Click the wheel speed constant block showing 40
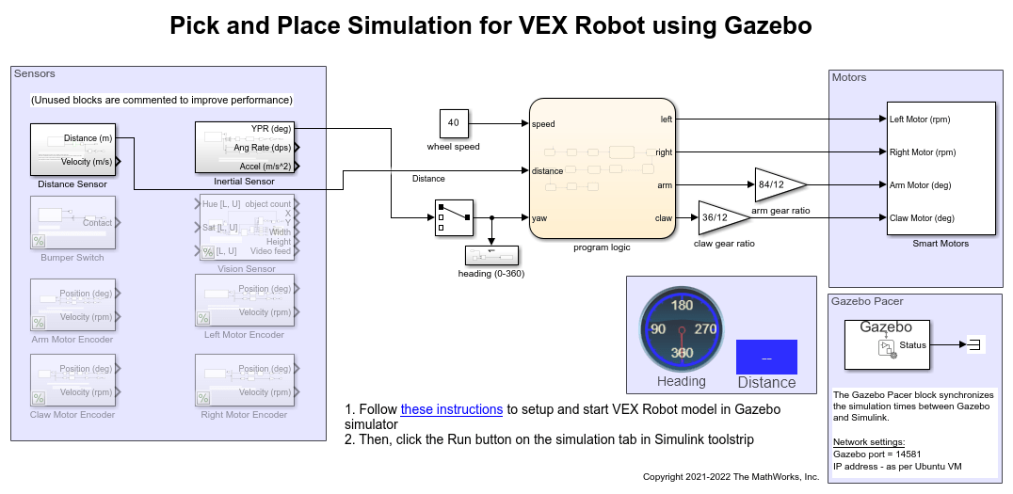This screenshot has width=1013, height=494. tap(454, 123)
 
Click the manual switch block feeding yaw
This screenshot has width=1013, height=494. tap(453, 218)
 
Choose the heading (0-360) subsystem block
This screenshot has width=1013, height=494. tap(492, 255)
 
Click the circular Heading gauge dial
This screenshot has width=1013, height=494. tap(681, 329)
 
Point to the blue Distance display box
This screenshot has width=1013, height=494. tap(766, 358)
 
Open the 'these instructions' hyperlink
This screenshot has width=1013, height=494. tap(452, 409)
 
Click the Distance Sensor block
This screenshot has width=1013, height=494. tap(72, 150)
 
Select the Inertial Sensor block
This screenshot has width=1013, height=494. tap(245, 147)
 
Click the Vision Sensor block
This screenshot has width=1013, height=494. tap(245, 227)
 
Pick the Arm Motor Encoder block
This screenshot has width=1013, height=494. tap(72, 304)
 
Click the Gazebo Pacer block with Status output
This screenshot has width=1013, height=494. tap(886, 343)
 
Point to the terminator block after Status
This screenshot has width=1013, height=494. tap(974, 344)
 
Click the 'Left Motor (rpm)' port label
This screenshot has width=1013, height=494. tap(923, 120)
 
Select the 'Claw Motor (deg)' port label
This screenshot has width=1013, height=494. tap(923, 218)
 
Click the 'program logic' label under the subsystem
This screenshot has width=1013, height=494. tap(602, 247)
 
